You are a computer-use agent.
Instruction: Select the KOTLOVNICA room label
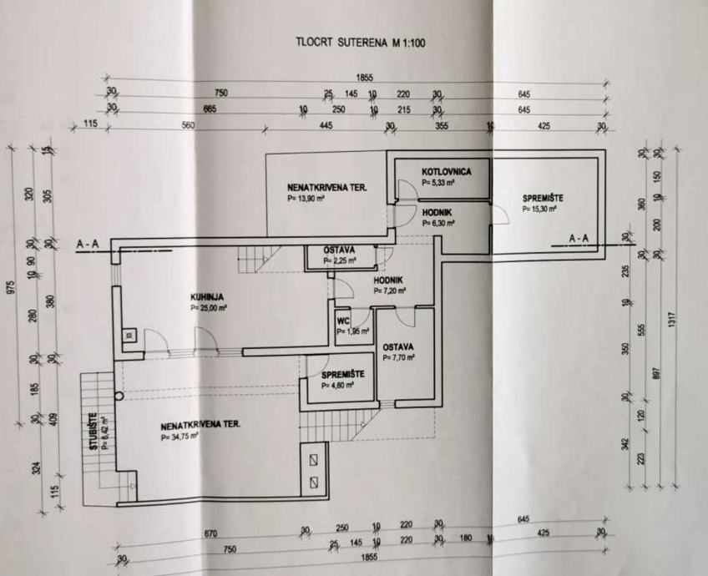point(447,171)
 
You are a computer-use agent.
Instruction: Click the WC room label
point(342,320)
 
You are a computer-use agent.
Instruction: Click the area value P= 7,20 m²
point(390,291)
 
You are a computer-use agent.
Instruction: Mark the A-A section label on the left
point(88,244)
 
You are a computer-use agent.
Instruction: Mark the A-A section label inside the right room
point(579,240)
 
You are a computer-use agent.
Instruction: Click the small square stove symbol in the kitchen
point(129,337)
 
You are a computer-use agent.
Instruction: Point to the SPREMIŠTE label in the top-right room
point(543,198)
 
